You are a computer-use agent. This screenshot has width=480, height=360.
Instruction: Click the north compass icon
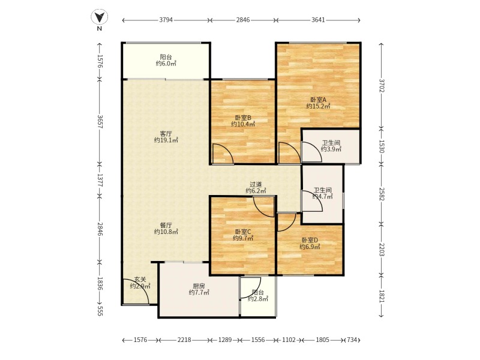pos(100,17)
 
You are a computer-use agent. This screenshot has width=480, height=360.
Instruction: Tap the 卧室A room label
pos(319,100)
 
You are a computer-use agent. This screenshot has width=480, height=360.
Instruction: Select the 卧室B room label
pos(243,118)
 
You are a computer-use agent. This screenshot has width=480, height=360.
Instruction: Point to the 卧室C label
pos(243,232)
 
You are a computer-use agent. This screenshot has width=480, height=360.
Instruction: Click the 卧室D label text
pos(310,241)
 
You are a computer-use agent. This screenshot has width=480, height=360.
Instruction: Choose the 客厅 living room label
pos(166,134)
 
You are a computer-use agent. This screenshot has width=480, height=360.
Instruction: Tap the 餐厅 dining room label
pos(166,226)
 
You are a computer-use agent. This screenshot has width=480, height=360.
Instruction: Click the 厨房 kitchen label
pos(199,286)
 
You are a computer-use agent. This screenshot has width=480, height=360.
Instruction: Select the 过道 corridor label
pos(256,184)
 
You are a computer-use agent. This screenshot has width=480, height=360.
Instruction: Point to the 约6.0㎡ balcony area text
pos(166,64)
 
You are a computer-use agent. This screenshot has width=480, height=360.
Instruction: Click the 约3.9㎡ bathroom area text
pos(331,149)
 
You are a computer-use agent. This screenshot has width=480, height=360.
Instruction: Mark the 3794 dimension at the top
pos(166,20)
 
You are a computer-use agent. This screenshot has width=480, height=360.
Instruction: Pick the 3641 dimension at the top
pos(318,20)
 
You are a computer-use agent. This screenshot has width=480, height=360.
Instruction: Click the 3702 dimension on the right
pos(381,85)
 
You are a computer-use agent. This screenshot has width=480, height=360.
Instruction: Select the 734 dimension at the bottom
pos(352,340)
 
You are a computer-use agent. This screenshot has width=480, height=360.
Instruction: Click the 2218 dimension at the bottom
pos(184,340)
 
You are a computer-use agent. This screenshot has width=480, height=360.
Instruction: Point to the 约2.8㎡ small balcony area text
pos(258,299)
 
